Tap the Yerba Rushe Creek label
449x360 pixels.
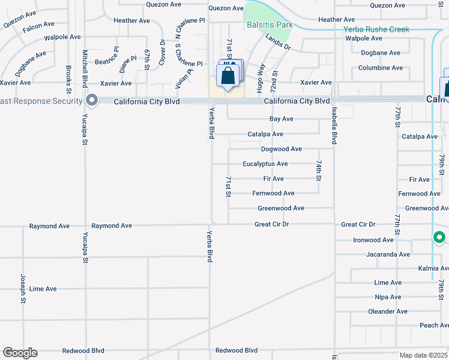(376, 29)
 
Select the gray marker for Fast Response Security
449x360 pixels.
(91, 100)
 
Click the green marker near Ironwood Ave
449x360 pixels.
(439, 238)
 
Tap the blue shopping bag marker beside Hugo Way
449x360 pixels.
(228, 76)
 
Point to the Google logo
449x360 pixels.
(20, 353)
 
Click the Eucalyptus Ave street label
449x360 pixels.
(265, 164)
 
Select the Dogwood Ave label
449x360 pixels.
(281, 149)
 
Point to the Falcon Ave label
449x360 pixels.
(40, 29)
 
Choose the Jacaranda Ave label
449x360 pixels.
(388, 254)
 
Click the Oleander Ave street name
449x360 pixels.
(387, 311)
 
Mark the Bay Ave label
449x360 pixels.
(281, 119)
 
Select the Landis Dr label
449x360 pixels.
(278, 41)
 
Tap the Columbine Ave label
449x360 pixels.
(381, 68)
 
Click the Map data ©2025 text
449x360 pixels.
(423, 355)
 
